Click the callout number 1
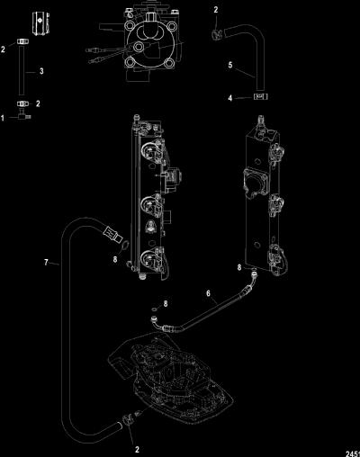click(x=3, y=118)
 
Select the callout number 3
click(x=41, y=71)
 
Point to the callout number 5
click(x=230, y=65)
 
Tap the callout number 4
click(x=230, y=98)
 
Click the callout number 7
click(x=46, y=263)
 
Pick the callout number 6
click(x=208, y=293)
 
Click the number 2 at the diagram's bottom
click(x=137, y=449)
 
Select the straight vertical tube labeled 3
click(x=22, y=70)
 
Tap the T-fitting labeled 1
click(x=24, y=115)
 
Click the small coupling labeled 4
click(x=261, y=96)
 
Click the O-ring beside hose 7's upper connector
click(x=125, y=245)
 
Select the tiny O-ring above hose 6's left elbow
click(x=155, y=309)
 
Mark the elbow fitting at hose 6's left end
click(x=157, y=323)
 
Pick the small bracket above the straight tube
click(x=40, y=23)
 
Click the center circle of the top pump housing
click(x=139, y=46)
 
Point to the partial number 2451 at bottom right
click(x=353, y=453)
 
